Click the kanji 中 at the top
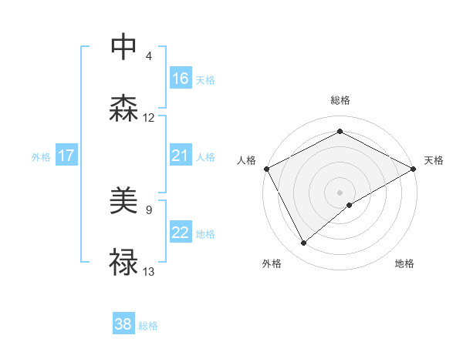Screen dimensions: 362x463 [x=123, y=46]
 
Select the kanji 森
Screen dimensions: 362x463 [x=123, y=108]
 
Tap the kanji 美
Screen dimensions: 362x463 [x=123, y=203]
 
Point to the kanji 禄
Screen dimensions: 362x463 [x=123, y=262]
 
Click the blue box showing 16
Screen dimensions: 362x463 [x=181, y=79]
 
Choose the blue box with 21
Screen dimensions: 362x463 [x=181, y=156]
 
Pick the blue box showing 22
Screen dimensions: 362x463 [x=181, y=233]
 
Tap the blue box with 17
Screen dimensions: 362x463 [x=66, y=156]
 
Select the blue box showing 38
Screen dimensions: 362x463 [x=123, y=324]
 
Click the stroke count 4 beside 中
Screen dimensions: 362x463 [x=149, y=55]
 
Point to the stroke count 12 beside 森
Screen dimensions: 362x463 [x=149, y=118]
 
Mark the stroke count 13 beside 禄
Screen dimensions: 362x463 [x=149, y=271]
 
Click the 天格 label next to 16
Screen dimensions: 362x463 [x=204, y=79]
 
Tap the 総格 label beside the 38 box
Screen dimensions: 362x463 [x=148, y=326]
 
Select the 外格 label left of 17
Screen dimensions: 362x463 [x=41, y=157]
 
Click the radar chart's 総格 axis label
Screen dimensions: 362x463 [x=340, y=100]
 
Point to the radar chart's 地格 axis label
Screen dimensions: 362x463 [x=404, y=264]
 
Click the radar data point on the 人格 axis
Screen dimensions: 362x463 [x=265, y=168]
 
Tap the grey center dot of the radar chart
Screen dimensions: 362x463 [x=340, y=192]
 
